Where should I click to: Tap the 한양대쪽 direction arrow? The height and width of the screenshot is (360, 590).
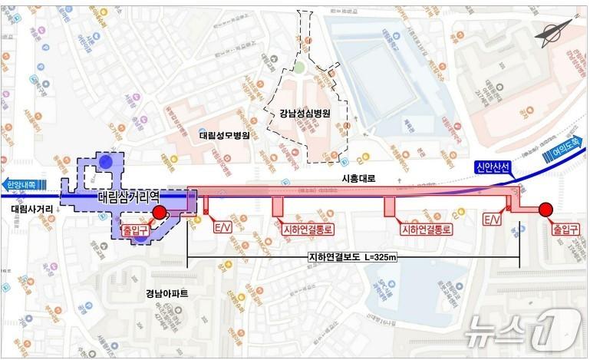point(23,185)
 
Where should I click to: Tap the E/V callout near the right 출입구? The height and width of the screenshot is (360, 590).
point(493,220)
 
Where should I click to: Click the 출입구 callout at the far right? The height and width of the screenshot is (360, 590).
point(565,229)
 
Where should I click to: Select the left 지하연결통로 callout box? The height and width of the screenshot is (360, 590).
point(305,229)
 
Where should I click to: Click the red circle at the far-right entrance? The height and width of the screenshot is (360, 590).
point(546,209)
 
